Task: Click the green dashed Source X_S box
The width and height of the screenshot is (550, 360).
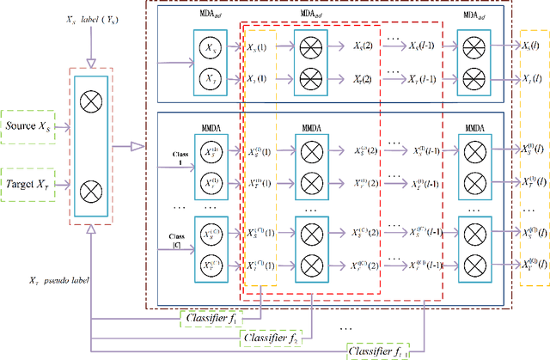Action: click(x=32, y=126)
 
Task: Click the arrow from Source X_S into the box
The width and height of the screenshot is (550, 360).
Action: click(x=74, y=126)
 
